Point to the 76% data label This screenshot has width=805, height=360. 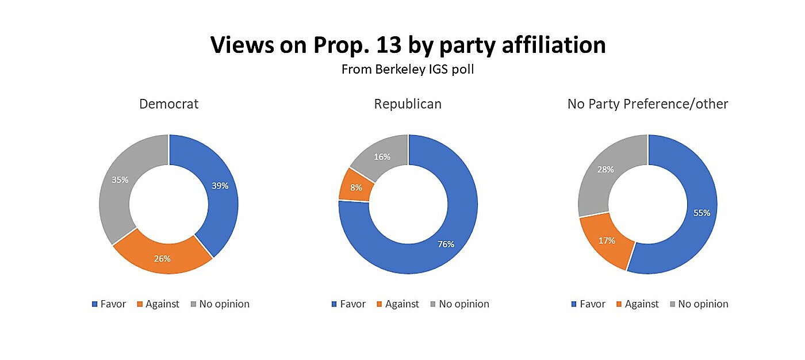tap(446, 244)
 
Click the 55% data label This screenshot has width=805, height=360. tap(701, 213)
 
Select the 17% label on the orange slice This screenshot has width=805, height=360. tap(607, 240)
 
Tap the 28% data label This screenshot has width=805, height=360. tap(605, 170)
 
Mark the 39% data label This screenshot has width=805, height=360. tap(220, 186)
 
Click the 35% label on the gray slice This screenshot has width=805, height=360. tap(120, 179)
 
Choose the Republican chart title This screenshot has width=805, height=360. tap(408, 104)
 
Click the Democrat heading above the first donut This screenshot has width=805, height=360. tap(168, 104)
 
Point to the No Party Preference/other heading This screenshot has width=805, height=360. tap(647, 104)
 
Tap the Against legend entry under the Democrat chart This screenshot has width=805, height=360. tap(158, 304)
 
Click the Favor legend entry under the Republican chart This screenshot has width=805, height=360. tap(348, 304)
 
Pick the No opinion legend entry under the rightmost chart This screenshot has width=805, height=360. tap(699, 304)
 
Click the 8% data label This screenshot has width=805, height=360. tap(356, 187)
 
